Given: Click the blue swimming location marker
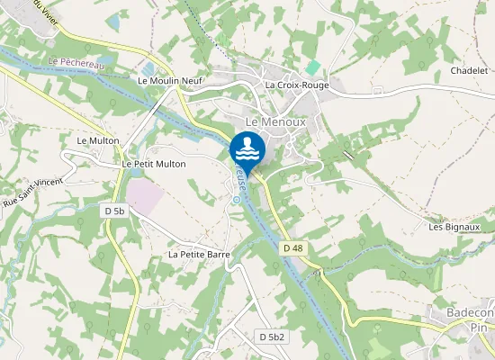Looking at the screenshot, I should pos(247,149).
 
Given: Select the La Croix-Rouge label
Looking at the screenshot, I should pos(297,85).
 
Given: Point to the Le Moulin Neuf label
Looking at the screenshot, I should pos(170,80).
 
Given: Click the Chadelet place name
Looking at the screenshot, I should pos(469,70).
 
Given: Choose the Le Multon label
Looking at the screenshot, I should pos(98,140).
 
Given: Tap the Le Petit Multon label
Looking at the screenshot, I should pos(154,164).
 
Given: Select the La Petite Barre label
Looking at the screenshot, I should pos(200,255).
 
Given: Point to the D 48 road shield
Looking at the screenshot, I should pos(292,247).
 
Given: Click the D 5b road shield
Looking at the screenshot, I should pos(114,211).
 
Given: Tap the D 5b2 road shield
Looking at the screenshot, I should pos(272,337).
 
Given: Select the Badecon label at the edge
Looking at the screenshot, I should pos(470,312).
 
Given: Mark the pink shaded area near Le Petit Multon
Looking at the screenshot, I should pos(146,195).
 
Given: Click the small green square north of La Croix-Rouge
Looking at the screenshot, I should pos(312,67).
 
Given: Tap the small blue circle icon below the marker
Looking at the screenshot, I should pos(236,200).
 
